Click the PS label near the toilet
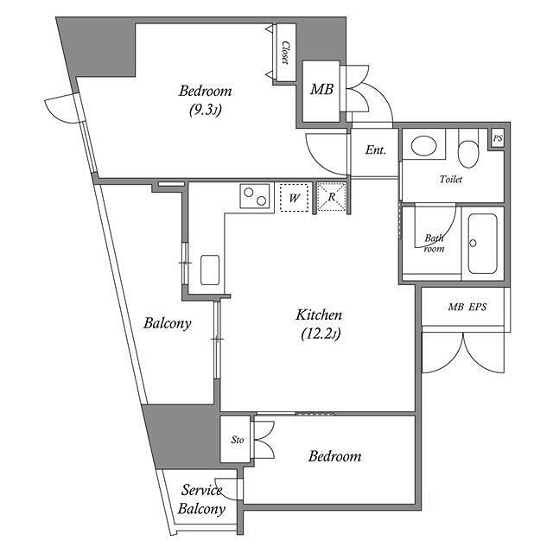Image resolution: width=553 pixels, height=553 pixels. (x=498, y=138)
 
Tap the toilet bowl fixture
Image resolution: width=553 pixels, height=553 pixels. (x=468, y=149)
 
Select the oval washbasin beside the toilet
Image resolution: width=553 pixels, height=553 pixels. (x=423, y=146)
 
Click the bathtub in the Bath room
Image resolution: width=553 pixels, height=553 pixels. (x=483, y=244)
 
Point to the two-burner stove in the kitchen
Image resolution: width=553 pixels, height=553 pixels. (x=255, y=196)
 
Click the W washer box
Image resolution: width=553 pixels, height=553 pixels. (x=294, y=198)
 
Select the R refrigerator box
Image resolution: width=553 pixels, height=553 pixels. (x=331, y=197)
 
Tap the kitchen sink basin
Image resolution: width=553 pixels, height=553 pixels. (x=210, y=270)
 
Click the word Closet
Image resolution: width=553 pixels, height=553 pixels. (x=286, y=53)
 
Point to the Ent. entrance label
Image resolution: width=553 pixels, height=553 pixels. (x=375, y=150)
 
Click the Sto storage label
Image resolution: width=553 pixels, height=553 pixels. (x=238, y=440)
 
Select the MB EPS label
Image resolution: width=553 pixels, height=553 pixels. (x=467, y=308)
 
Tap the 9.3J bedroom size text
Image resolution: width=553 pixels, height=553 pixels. (x=206, y=111)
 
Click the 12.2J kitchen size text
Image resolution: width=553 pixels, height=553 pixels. (x=321, y=334)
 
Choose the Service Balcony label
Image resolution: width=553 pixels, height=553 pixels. (x=201, y=499)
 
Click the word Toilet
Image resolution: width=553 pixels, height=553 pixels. (x=451, y=179)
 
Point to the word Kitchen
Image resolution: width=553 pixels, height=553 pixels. (x=319, y=315)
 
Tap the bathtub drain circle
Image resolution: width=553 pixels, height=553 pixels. (x=473, y=243)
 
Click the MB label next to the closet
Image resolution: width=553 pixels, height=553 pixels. (x=321, y=90)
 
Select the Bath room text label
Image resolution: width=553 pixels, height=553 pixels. (x=434, y=244)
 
